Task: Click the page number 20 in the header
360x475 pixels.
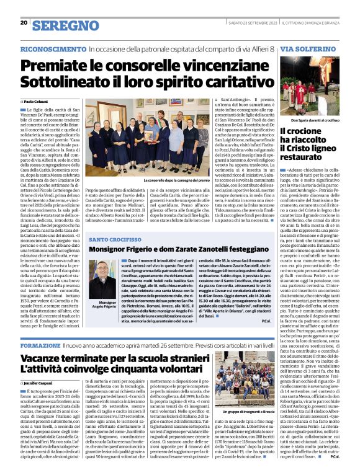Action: [24, 23]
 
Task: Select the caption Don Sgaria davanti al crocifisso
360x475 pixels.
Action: [320, 120]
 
